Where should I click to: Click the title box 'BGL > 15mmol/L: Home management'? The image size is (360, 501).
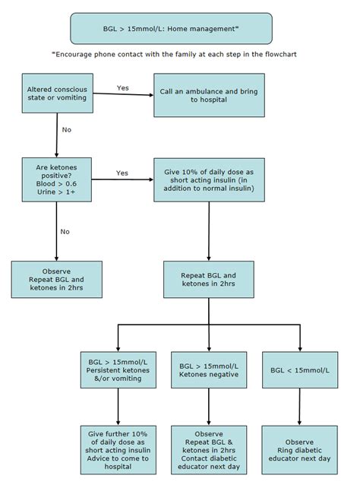(x=170, y=28)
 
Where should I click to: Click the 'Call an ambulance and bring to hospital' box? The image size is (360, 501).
(x=209, y=96)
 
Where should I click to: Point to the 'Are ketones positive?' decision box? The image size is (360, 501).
(x=57, y=179)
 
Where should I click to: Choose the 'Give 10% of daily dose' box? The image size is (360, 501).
(x=209, y=179)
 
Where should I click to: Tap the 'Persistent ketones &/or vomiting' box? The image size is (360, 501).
(x=118, y=369)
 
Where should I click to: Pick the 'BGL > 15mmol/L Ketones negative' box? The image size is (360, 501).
(x=209, y=369)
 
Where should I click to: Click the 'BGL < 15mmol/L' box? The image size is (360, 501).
(x=300, y=369)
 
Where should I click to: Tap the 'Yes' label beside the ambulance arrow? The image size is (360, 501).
(x=123, y=88)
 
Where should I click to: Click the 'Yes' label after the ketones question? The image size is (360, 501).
(x=122, y=173)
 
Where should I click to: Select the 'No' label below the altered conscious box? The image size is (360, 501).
(x=66, y=130)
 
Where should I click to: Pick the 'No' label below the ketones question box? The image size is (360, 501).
(x=65, y=231)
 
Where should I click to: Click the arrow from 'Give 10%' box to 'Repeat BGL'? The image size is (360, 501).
(x=209, y=231)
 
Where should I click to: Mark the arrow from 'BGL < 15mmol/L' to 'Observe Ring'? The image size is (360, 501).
(x=300, y=407)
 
